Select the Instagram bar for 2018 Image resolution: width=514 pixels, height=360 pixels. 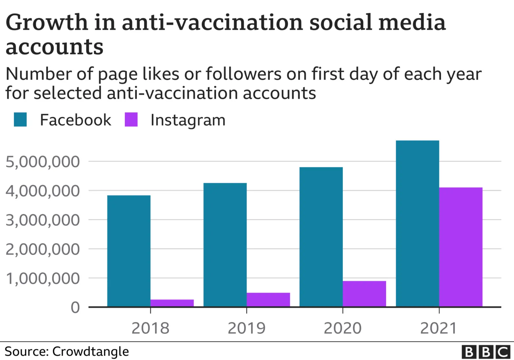pos(172,303)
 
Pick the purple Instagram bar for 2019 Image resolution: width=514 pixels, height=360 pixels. pos(268,300)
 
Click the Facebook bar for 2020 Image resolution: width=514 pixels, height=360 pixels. pos(321,237)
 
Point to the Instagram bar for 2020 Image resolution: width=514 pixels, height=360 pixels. pos(364,294)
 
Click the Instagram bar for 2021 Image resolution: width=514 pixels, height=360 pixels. pos(461,247)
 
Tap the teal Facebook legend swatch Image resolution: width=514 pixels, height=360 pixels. pos(20,120)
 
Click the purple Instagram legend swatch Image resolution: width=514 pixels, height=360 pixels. pos(131,120)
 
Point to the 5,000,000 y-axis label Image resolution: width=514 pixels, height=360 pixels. pos(42,162)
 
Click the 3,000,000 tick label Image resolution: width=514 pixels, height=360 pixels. pos(42,220)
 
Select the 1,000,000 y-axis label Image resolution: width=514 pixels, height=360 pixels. pos(42,279)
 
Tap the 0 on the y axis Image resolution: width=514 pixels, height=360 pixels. pos(75,307)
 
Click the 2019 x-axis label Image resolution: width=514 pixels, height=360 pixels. pos(246,328)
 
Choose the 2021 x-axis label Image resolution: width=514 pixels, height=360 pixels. pos(439,328)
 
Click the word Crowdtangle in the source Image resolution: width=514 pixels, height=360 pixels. pos(90,352)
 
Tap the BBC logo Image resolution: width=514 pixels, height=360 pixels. pos(486,352)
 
